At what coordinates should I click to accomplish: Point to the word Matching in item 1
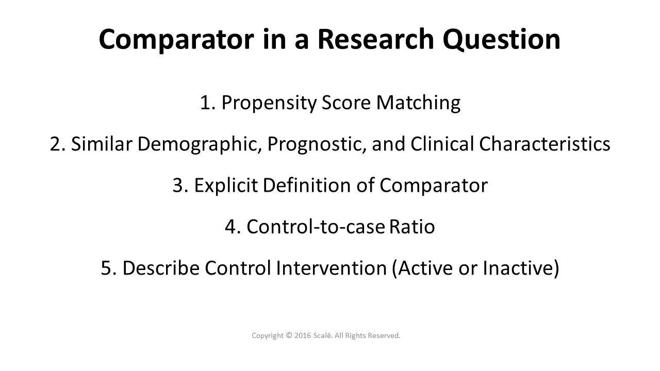pyautogui.click(x=418, y=103)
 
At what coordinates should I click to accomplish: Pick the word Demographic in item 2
pyautogui.click(x=202, y=144)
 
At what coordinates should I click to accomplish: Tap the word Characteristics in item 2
pyautogui.click(x=544, y=144)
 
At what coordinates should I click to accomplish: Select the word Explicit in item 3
pyautogui.click(x=226, y=185)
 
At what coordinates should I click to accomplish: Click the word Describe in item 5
pyautogui.click(x=161, y=268)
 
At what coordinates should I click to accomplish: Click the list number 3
pyautogui.click(x=178, y=185)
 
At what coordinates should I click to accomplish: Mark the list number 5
pyautogui.click(x=106, y=268)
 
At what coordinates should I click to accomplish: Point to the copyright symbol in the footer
pyautogui.click(x=289, y=335)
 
